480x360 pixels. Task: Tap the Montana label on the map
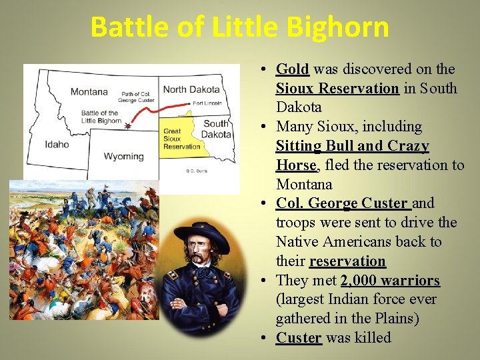click(x=89, y=92)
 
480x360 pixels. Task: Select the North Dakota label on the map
click(x=192, y=89)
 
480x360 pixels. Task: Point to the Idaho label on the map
click(x=57, y=144)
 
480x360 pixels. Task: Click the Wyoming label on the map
click(x=123, y=156)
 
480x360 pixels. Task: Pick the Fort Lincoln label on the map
click(x=209, y=103)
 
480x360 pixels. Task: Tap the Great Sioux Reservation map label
click(x=181, y=139)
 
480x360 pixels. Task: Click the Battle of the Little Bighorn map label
click(x=101, y=117)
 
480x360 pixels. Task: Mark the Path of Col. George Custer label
click(x=137, y=97)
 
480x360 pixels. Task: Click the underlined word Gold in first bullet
click(x=292, y=69)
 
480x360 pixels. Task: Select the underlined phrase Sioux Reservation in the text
click(x=337, y=89)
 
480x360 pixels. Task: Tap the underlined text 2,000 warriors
click(x=390, y=281)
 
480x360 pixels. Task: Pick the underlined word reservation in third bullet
click(x=347, y=261)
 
